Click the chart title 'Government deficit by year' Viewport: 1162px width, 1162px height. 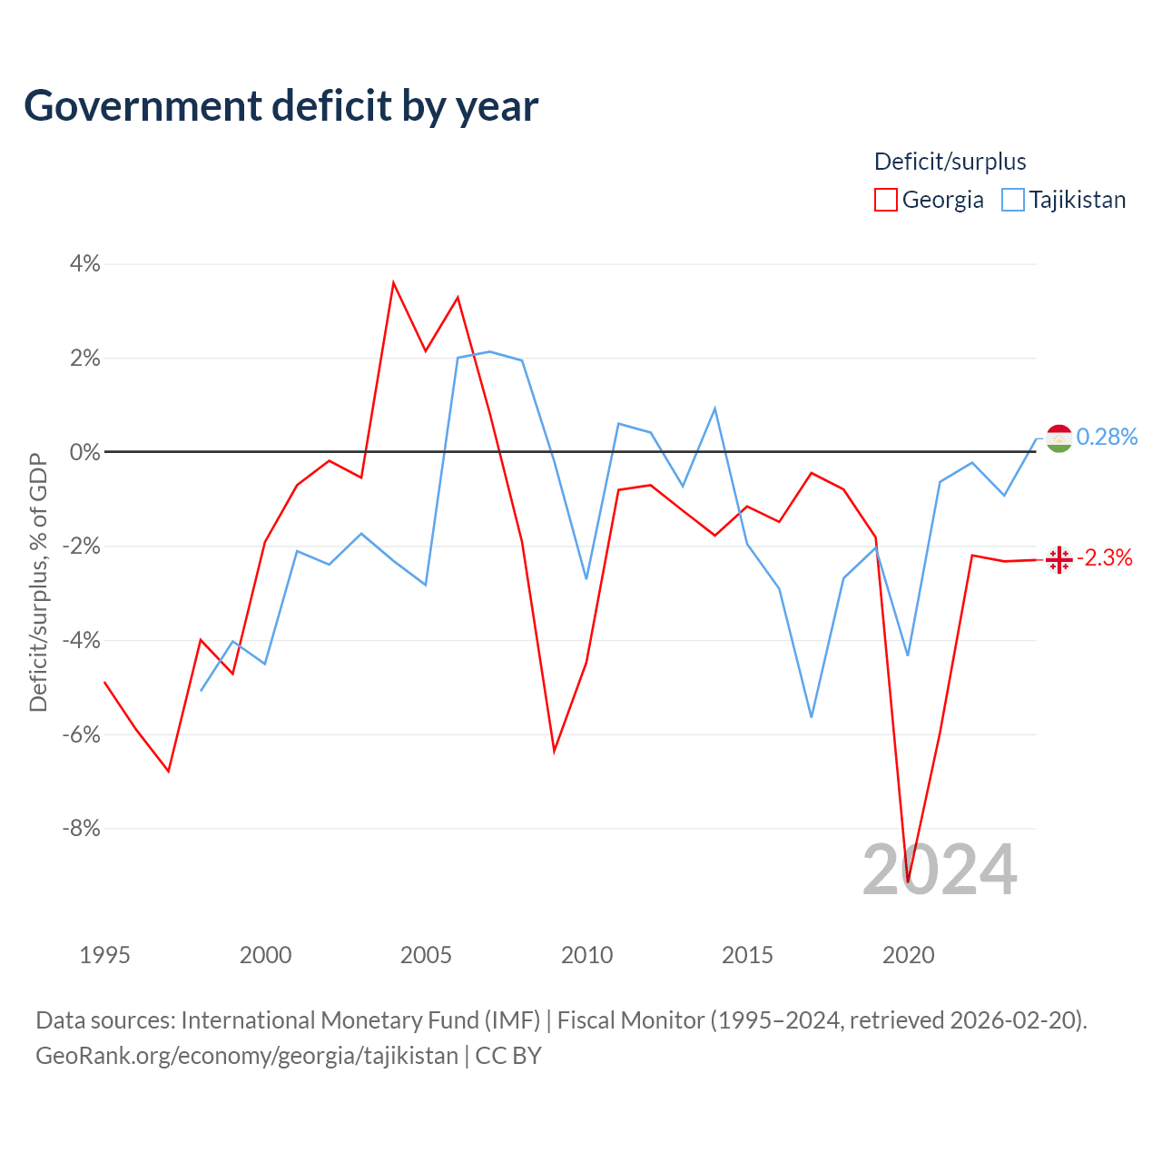click(281, 106)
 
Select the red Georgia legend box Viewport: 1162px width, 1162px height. click(885, 200)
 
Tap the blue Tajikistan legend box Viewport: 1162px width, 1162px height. click(1012, 200)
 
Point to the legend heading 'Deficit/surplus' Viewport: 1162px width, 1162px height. click(950, 162)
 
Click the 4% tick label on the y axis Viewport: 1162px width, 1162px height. click(85, 263)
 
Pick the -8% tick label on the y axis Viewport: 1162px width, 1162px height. click(82, 828)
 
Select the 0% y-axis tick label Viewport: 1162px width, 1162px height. click(85, 452)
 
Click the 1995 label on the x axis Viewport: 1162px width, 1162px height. click(105, 954)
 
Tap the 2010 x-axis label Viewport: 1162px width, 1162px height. click(586, 954)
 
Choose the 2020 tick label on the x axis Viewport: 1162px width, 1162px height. click(908, 954)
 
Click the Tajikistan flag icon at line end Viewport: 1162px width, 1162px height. click(1059, 438)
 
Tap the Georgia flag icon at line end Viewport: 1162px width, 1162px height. click(1059, 559)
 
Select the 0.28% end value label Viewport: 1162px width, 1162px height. click(1107, 437)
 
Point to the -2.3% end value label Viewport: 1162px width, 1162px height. click(1105, 557)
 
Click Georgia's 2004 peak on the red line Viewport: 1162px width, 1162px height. click(393, 282)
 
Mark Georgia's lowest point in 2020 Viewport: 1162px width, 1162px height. click(908, 881)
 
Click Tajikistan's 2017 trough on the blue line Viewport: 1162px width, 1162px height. click(812, 717)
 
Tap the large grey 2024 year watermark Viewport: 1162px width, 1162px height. click(940, 870)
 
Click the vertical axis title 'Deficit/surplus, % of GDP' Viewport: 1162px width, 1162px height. click(38, 583)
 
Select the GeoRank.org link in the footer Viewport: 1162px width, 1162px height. click(247, 1055)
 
